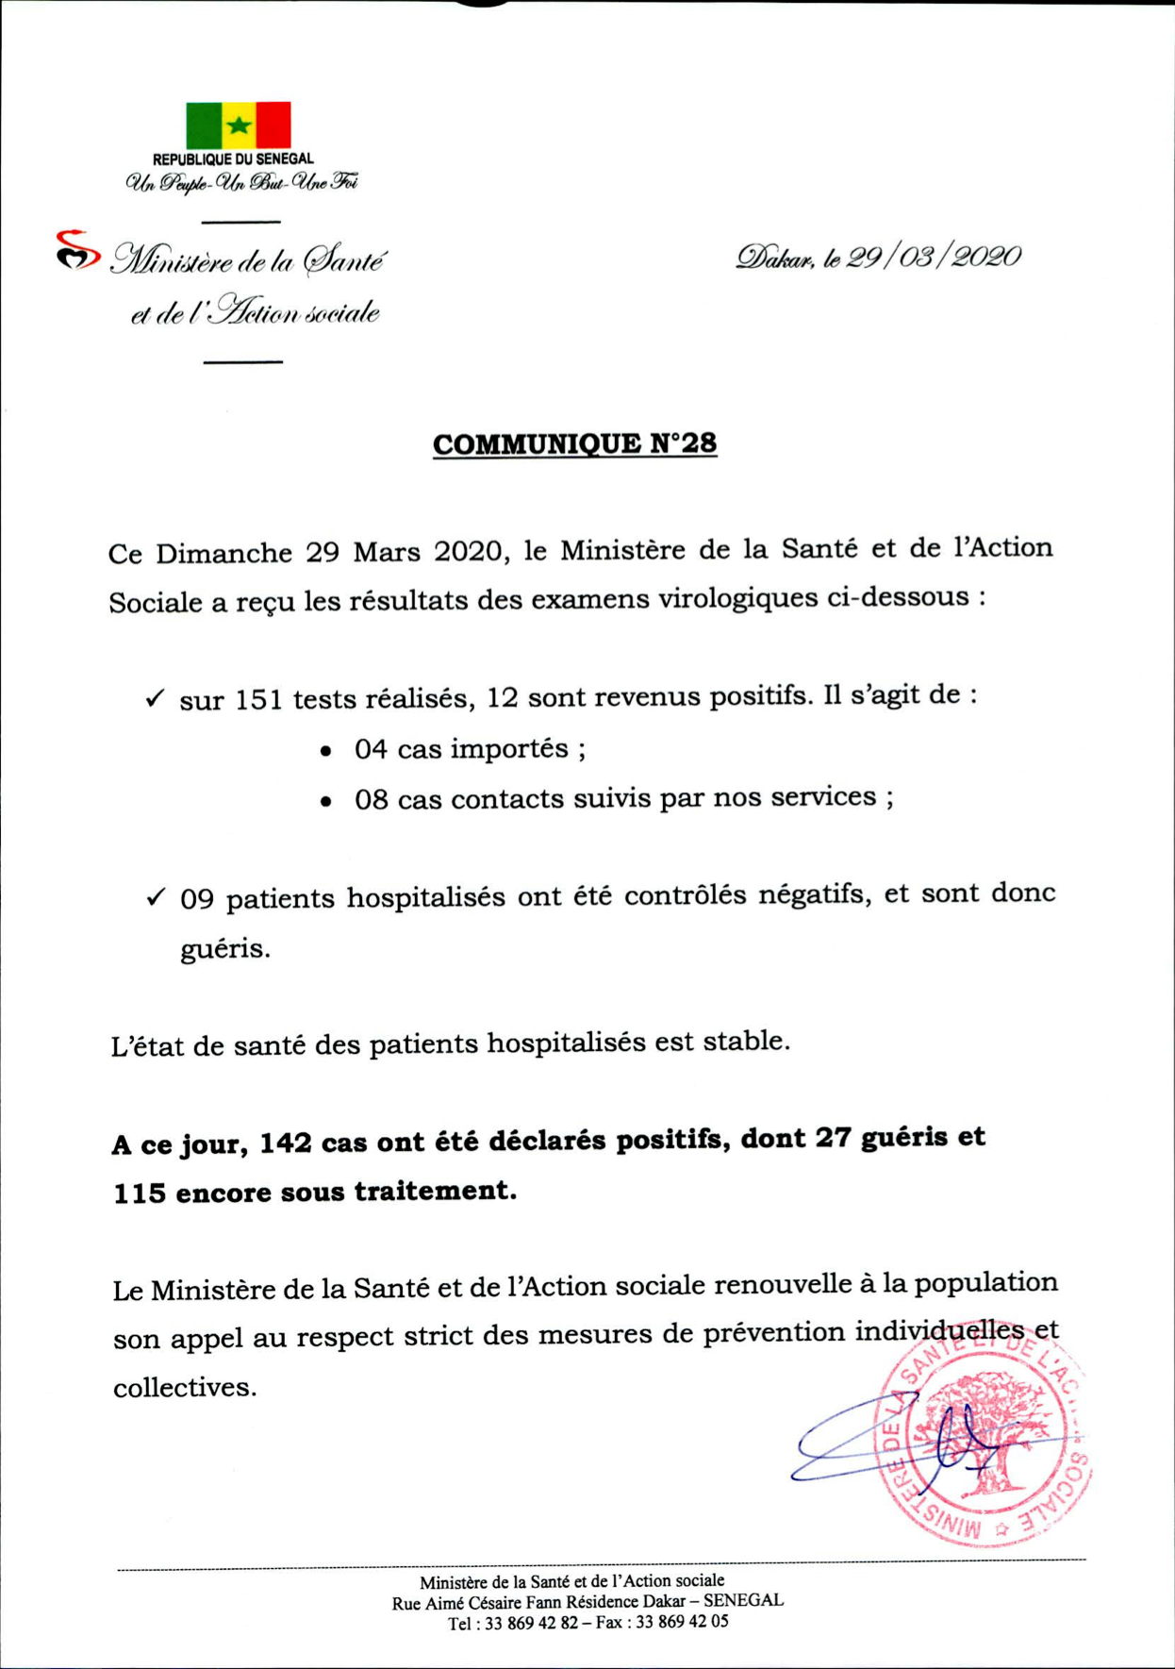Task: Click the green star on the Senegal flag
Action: click(239, 125)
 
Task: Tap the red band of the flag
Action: click(273, 125)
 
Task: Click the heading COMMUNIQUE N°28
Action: click(574, 443)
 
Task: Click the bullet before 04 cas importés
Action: click(326, 752)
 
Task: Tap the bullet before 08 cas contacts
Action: click(326, 802)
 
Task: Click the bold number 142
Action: click(286, 1143)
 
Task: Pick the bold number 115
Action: click(140, 1193)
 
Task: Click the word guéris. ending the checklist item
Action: click(224, 948)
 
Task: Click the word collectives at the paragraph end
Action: click(184, 1387)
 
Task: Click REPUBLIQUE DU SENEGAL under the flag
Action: click(233, 159)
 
